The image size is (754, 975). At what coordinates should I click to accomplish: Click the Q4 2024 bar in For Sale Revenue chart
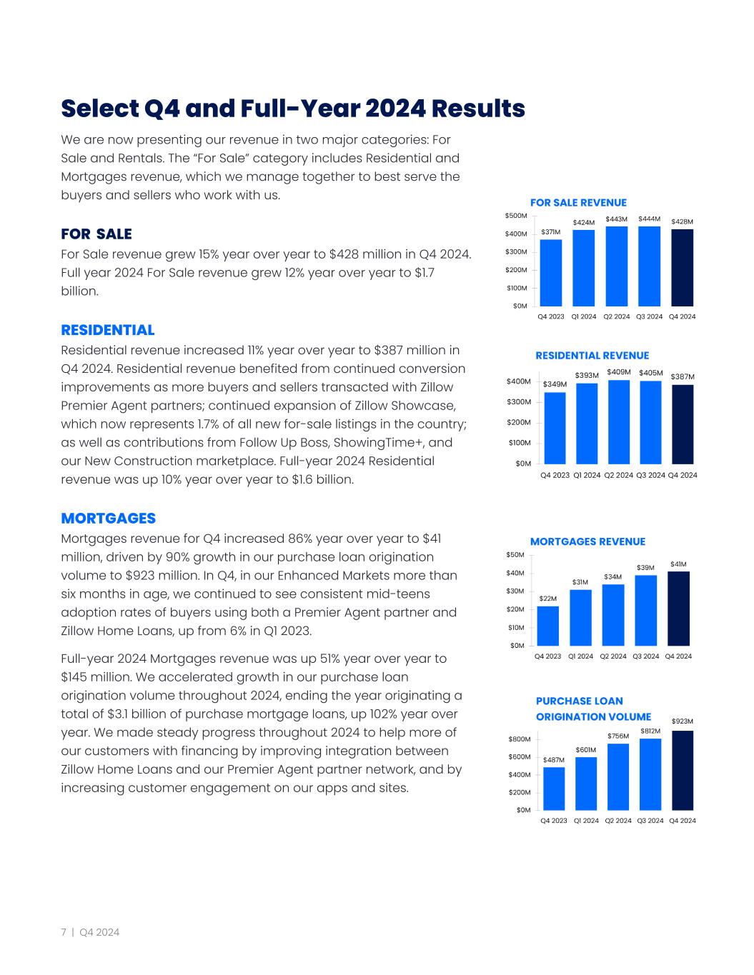pyautogui.click(x=682, y=268)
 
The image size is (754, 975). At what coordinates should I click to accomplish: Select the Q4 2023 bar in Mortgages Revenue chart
pyautogui.click(x=548, y=626)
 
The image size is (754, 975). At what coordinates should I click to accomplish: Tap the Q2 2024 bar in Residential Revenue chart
pyautogui.click(x=618, y=421)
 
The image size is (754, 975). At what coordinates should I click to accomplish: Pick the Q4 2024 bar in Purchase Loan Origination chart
pyautogui.click(x=682, y=770)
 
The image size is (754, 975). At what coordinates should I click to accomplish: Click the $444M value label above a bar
pyautogui.click(x=649, y=219)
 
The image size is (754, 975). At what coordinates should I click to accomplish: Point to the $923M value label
pyautogui.click(x=682, y=721)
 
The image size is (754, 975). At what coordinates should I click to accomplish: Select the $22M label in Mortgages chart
pyautogui.click(x=548, y=598)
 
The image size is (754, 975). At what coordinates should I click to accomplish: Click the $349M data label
pyautogui.click(x=555, y=384)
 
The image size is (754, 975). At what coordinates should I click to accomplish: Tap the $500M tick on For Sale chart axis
pyautogui.click(x=516, y=216)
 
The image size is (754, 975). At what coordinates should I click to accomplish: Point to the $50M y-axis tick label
pyautogui.click(x=516, y=555)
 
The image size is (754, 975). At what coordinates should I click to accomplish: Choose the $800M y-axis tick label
pyautogui.click(x=520, y=739)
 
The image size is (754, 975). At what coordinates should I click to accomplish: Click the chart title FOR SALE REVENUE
pyautogui.click(x=578, y=203)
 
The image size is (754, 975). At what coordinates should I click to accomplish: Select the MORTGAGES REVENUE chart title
pyautogui.click(x=587, y=541)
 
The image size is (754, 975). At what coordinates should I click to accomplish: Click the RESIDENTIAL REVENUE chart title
pyautogui.click(x=592, y=356)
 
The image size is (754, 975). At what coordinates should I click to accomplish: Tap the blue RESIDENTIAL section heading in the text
pyautogui.click(x=108, y=330)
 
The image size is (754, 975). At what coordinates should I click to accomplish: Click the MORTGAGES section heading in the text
pyautogui.click(x=109, y=518)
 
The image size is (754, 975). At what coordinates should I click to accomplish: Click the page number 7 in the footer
pyautogui.click(x=64, y=932)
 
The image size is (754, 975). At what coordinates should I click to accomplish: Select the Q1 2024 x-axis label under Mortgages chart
pyautogui.click(x=580, y=656)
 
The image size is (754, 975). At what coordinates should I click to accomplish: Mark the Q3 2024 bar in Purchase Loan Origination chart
pyautogui.click(x=650, y=774)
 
